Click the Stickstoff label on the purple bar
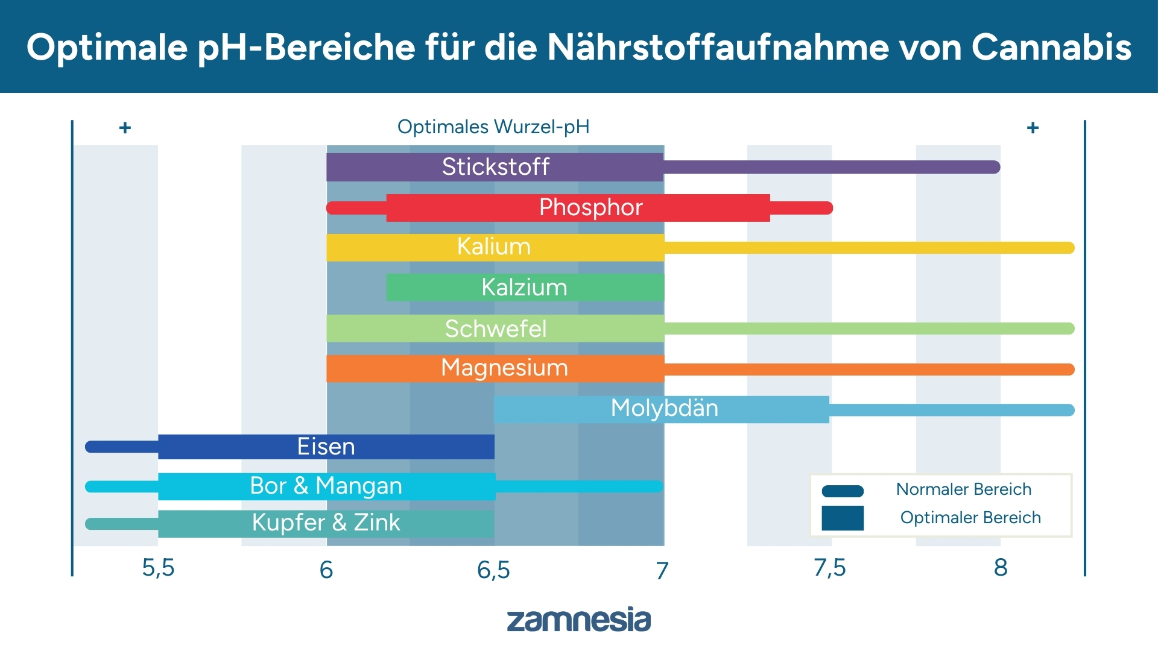(x=495, y=167)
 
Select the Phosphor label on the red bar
(x=590, y=207)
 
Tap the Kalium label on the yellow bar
(x=493, y=247)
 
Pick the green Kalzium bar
(x=524, y=288)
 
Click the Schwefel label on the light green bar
(x=495, y=329)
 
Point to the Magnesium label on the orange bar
(x=504, y=368)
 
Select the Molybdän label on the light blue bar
(x=664, y=409)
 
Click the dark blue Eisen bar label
(x=326, y=447)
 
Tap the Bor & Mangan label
(x=326, y=486)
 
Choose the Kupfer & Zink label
(x=326, y=523)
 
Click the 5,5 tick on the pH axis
(x=158, y=568)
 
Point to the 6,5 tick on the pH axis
(x=493, y=570)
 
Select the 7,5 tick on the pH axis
(x=830, y=568)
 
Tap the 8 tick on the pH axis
(x=1001, y=568)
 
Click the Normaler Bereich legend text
(x=963, y=489)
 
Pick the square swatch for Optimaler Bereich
(x=843, y=518)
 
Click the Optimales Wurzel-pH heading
(x=493, y=127)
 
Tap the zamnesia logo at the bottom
(x=578, y=620)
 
